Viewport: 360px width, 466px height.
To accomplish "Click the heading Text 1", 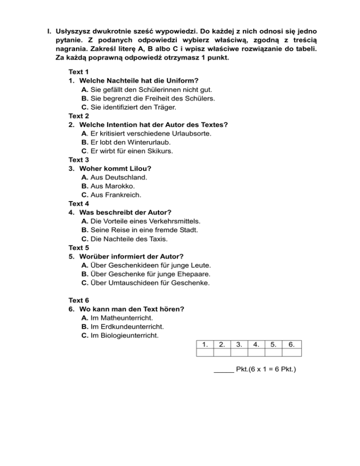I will pos(78,72).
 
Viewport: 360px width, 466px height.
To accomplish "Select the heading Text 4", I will pos(78,203).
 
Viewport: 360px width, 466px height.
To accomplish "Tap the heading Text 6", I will pos(78,300).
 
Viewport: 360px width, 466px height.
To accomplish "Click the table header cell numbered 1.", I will pos(205,345).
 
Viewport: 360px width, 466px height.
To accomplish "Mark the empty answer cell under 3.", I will pos(239,353).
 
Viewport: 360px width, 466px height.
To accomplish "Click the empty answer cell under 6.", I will pos(292,353).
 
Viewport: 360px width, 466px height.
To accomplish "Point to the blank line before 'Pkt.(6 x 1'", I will pos(224,371).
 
